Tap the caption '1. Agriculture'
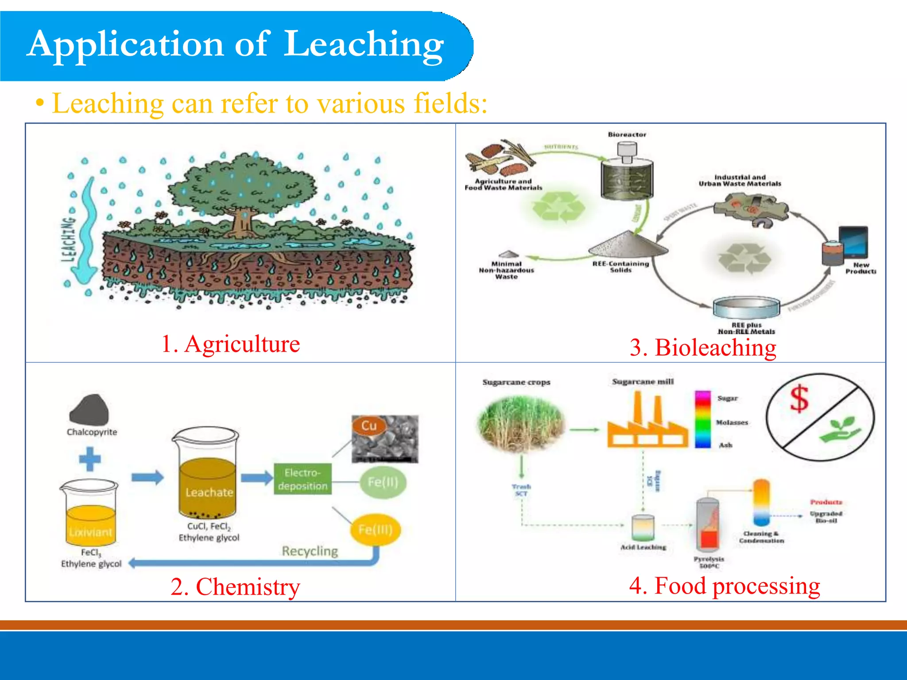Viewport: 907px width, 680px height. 230,344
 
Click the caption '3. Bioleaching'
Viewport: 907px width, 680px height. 703,348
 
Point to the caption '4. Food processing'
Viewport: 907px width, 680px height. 725,586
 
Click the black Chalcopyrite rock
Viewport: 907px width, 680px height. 89,410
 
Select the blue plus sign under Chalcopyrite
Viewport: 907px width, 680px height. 90,459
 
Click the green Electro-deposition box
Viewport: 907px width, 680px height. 302,479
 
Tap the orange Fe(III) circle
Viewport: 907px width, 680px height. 375,529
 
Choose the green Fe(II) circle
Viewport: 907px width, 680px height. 383,482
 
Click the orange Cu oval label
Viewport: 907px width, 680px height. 369,426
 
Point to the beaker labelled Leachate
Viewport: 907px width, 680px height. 207,478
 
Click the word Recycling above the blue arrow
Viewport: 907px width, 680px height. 310,551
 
